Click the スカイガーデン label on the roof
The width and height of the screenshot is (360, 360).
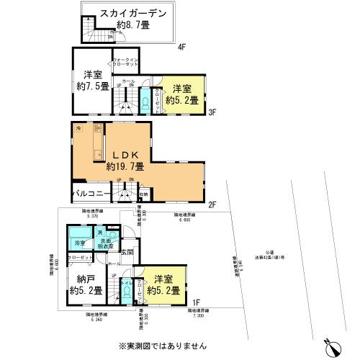point(132,13)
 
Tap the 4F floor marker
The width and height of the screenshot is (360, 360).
point(181,48)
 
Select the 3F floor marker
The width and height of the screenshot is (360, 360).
point(212,113)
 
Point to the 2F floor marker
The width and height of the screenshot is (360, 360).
point(212,205)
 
